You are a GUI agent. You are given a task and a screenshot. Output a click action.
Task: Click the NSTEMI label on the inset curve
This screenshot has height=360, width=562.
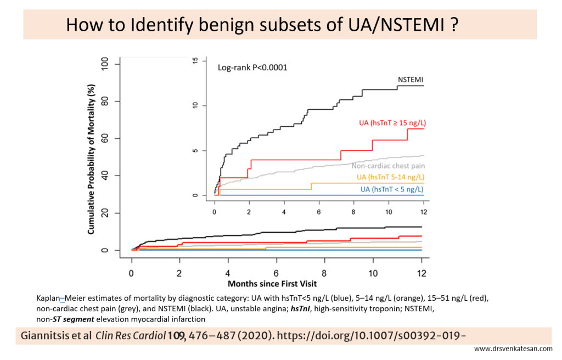[411, 80]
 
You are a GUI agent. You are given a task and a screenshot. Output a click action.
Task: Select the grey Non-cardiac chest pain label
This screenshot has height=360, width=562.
[389, 165]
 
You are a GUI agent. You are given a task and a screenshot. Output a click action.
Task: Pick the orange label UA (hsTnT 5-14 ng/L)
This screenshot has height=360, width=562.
[390, 177]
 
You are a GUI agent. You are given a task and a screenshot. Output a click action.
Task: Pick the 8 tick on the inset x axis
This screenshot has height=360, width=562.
[354, 211]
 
